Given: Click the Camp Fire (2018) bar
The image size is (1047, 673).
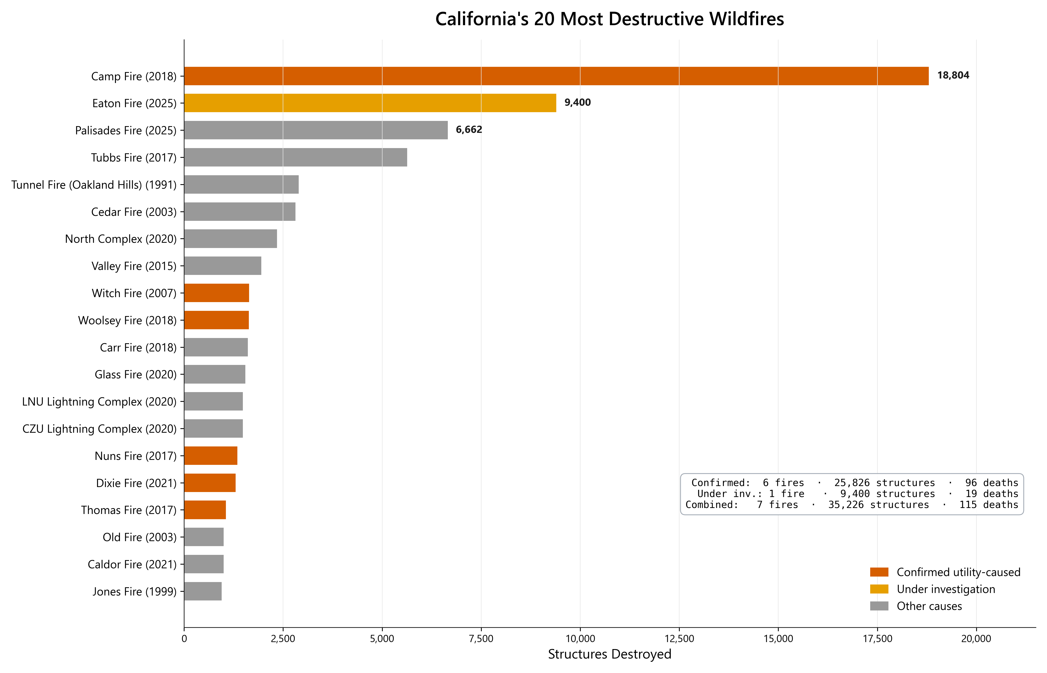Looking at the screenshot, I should (x=556, y=76).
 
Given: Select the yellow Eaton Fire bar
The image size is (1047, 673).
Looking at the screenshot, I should (x=370, y=103).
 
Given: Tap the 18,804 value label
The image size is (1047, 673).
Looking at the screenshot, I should (x=953, y=76).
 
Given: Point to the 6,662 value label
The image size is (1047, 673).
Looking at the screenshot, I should (x=469, y=130).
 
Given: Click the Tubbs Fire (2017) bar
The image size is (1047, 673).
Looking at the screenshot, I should (x=295, y=157).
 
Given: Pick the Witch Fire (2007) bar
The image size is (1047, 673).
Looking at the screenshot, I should (x=216, y=293).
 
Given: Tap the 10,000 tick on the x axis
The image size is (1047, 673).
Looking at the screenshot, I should (x=580, y=638).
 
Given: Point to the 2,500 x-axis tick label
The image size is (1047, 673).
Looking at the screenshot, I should (x=283, y=638).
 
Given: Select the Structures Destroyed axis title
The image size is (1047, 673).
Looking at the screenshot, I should (x=609, y=654).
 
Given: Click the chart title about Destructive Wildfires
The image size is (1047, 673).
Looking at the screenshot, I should (x=609, y=19).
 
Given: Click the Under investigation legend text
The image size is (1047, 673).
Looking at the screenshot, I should (x=946, y=589).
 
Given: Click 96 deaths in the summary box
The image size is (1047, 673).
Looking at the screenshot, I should (x=991, y=483).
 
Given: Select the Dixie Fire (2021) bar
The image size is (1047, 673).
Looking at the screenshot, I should (x=210, y=483).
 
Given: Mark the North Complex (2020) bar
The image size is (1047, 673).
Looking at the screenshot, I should (x=230, y=239).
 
